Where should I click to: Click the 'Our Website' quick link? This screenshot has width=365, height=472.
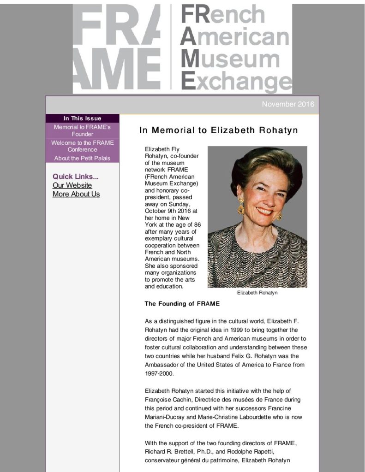coord(72,185)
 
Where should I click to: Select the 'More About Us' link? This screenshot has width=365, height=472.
coord(76,194)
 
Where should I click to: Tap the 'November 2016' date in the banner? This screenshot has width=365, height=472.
coord(287,104)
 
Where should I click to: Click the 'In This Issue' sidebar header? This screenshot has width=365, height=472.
coord(82,118)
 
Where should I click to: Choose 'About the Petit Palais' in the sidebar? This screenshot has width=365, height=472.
coord(82,158)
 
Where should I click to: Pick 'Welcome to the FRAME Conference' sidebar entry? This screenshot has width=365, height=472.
coord(82,146)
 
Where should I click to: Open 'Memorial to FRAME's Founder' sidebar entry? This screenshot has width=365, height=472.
coord(82,130)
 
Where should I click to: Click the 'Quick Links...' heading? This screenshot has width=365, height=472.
coord(75,177)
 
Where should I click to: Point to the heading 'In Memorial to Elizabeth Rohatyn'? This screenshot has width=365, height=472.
coord(218,130)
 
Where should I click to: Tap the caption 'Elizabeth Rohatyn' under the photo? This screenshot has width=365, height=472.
coord(257,293)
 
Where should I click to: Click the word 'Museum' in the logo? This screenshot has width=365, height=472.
coord(230,59)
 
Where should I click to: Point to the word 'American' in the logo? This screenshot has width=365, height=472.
coord(235,37)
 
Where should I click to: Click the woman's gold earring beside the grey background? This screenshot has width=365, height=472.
coord(240,208)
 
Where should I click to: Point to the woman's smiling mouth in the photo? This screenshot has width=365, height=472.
coord(264,211)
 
